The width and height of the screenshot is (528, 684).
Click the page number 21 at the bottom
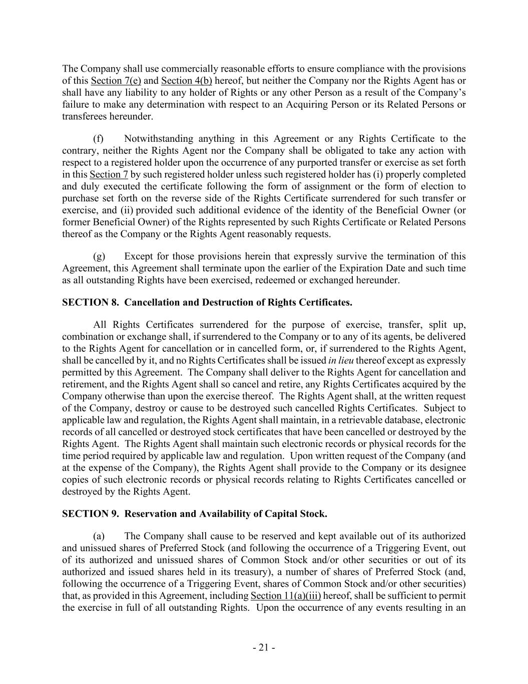264,647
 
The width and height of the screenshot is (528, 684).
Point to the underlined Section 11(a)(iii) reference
285,596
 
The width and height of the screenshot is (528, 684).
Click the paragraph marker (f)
99,139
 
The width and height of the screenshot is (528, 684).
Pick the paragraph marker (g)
99,257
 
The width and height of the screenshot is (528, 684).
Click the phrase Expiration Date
368,268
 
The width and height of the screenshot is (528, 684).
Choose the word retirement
82,384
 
